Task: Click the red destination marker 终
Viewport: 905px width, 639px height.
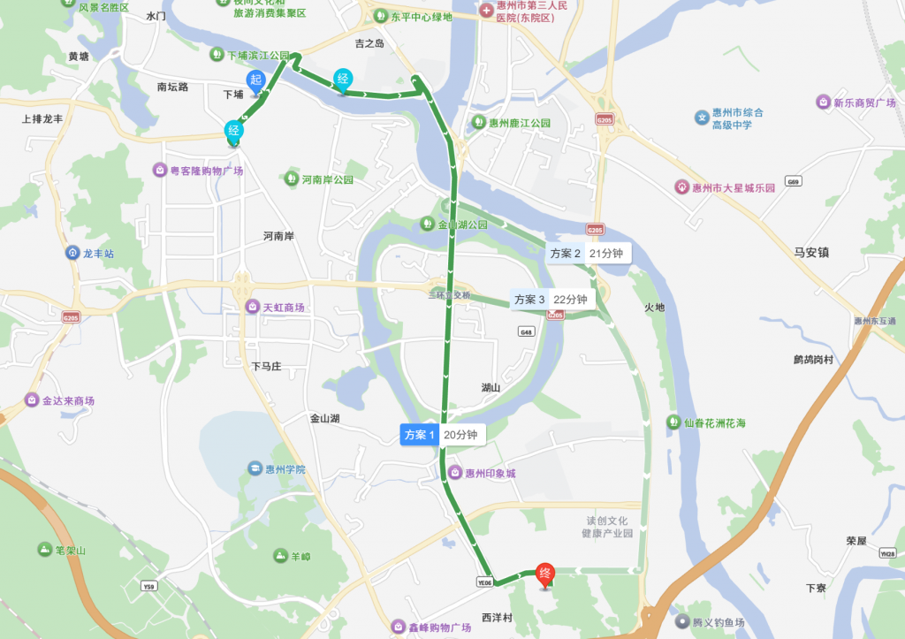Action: [546, 574]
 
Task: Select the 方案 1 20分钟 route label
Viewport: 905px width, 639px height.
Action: [442, 435]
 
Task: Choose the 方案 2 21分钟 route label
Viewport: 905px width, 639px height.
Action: [588, 253]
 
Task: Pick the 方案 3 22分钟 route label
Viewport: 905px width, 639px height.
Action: [552, 299]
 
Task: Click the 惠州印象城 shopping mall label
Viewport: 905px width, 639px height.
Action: [483, 474]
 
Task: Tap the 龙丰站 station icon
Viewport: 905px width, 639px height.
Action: [72, 254]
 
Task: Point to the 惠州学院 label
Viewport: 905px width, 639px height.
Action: [277, 469]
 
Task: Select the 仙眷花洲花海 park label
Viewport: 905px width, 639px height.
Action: [707, 423]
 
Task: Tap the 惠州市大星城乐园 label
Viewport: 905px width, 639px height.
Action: [725, 187]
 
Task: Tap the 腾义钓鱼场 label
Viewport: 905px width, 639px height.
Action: [714, 622]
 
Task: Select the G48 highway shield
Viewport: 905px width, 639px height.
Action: [527, 331]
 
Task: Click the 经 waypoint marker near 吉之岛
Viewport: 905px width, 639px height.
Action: [343, 80]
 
